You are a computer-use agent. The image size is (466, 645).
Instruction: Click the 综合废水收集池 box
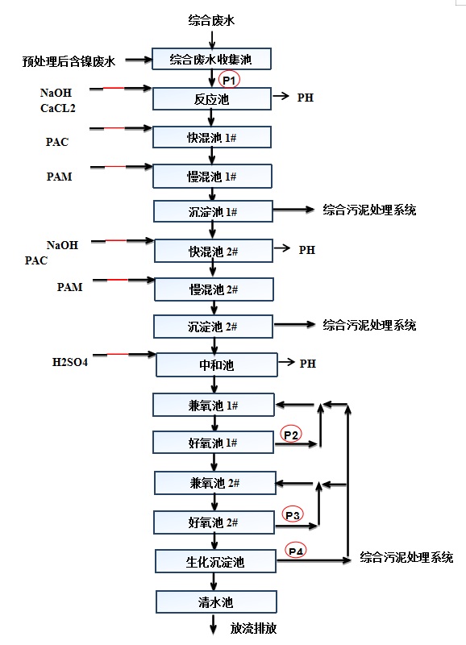[x=211, y=59]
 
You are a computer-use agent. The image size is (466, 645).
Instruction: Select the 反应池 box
[x=212, y=98]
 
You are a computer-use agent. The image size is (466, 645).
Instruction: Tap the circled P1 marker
[x=229, y=79]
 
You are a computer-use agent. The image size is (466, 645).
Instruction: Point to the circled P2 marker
[x=291, y=435]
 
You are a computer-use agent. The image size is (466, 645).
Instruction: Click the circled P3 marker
[x=293, y=515]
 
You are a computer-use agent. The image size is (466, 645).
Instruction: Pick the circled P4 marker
[x=296, y=551]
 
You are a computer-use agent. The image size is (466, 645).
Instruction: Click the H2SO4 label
[x=70, y=362]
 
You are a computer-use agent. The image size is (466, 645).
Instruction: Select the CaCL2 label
[x=57, y=108]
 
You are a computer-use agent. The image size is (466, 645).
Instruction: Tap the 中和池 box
[x=216, y=365]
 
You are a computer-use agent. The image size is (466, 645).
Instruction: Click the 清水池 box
[x=216, y=602]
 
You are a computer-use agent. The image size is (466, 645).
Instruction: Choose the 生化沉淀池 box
[x=215, y=561]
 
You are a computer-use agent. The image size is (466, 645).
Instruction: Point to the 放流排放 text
[x=253, y=629]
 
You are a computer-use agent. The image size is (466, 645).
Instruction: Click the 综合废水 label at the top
[x=211, y=20]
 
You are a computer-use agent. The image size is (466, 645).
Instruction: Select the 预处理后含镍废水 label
[x=69, y=62]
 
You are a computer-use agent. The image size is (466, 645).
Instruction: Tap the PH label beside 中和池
[x=308, y=364]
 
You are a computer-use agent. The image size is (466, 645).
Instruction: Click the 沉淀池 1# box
[x=213, y=211]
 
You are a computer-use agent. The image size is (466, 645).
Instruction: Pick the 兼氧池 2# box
[x=214, y=483]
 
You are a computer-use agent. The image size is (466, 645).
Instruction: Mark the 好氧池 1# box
[x=213, y=443]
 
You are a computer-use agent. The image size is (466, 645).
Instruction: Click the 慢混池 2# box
[x=214, y=289]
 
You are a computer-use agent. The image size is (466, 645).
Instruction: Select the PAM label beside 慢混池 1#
[x=59, y=177]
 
